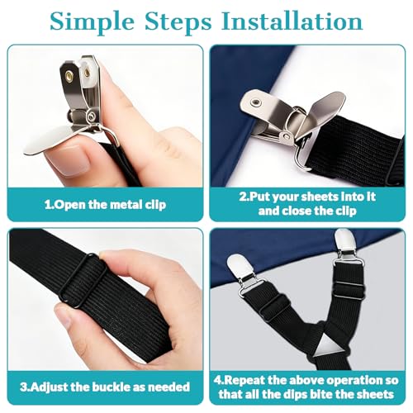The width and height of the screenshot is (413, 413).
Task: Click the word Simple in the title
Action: pos(92,22)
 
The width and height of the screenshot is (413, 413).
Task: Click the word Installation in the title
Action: pos(292,21)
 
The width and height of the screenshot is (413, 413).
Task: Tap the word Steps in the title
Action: pos(178,22)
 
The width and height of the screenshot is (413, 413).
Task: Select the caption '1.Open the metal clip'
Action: pos(105,204)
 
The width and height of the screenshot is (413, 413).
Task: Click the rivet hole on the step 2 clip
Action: pos(254,102)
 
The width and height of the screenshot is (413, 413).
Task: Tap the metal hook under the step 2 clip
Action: pos(301,154)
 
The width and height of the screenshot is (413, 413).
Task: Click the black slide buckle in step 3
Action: pos(83,280)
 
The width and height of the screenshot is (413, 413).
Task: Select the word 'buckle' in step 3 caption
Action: pos(111,387)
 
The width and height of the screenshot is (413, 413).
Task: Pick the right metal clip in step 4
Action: pos(347,249)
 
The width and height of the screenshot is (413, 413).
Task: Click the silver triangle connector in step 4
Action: pos(329,348)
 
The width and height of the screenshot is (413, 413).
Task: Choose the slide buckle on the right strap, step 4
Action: pos(349,291)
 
